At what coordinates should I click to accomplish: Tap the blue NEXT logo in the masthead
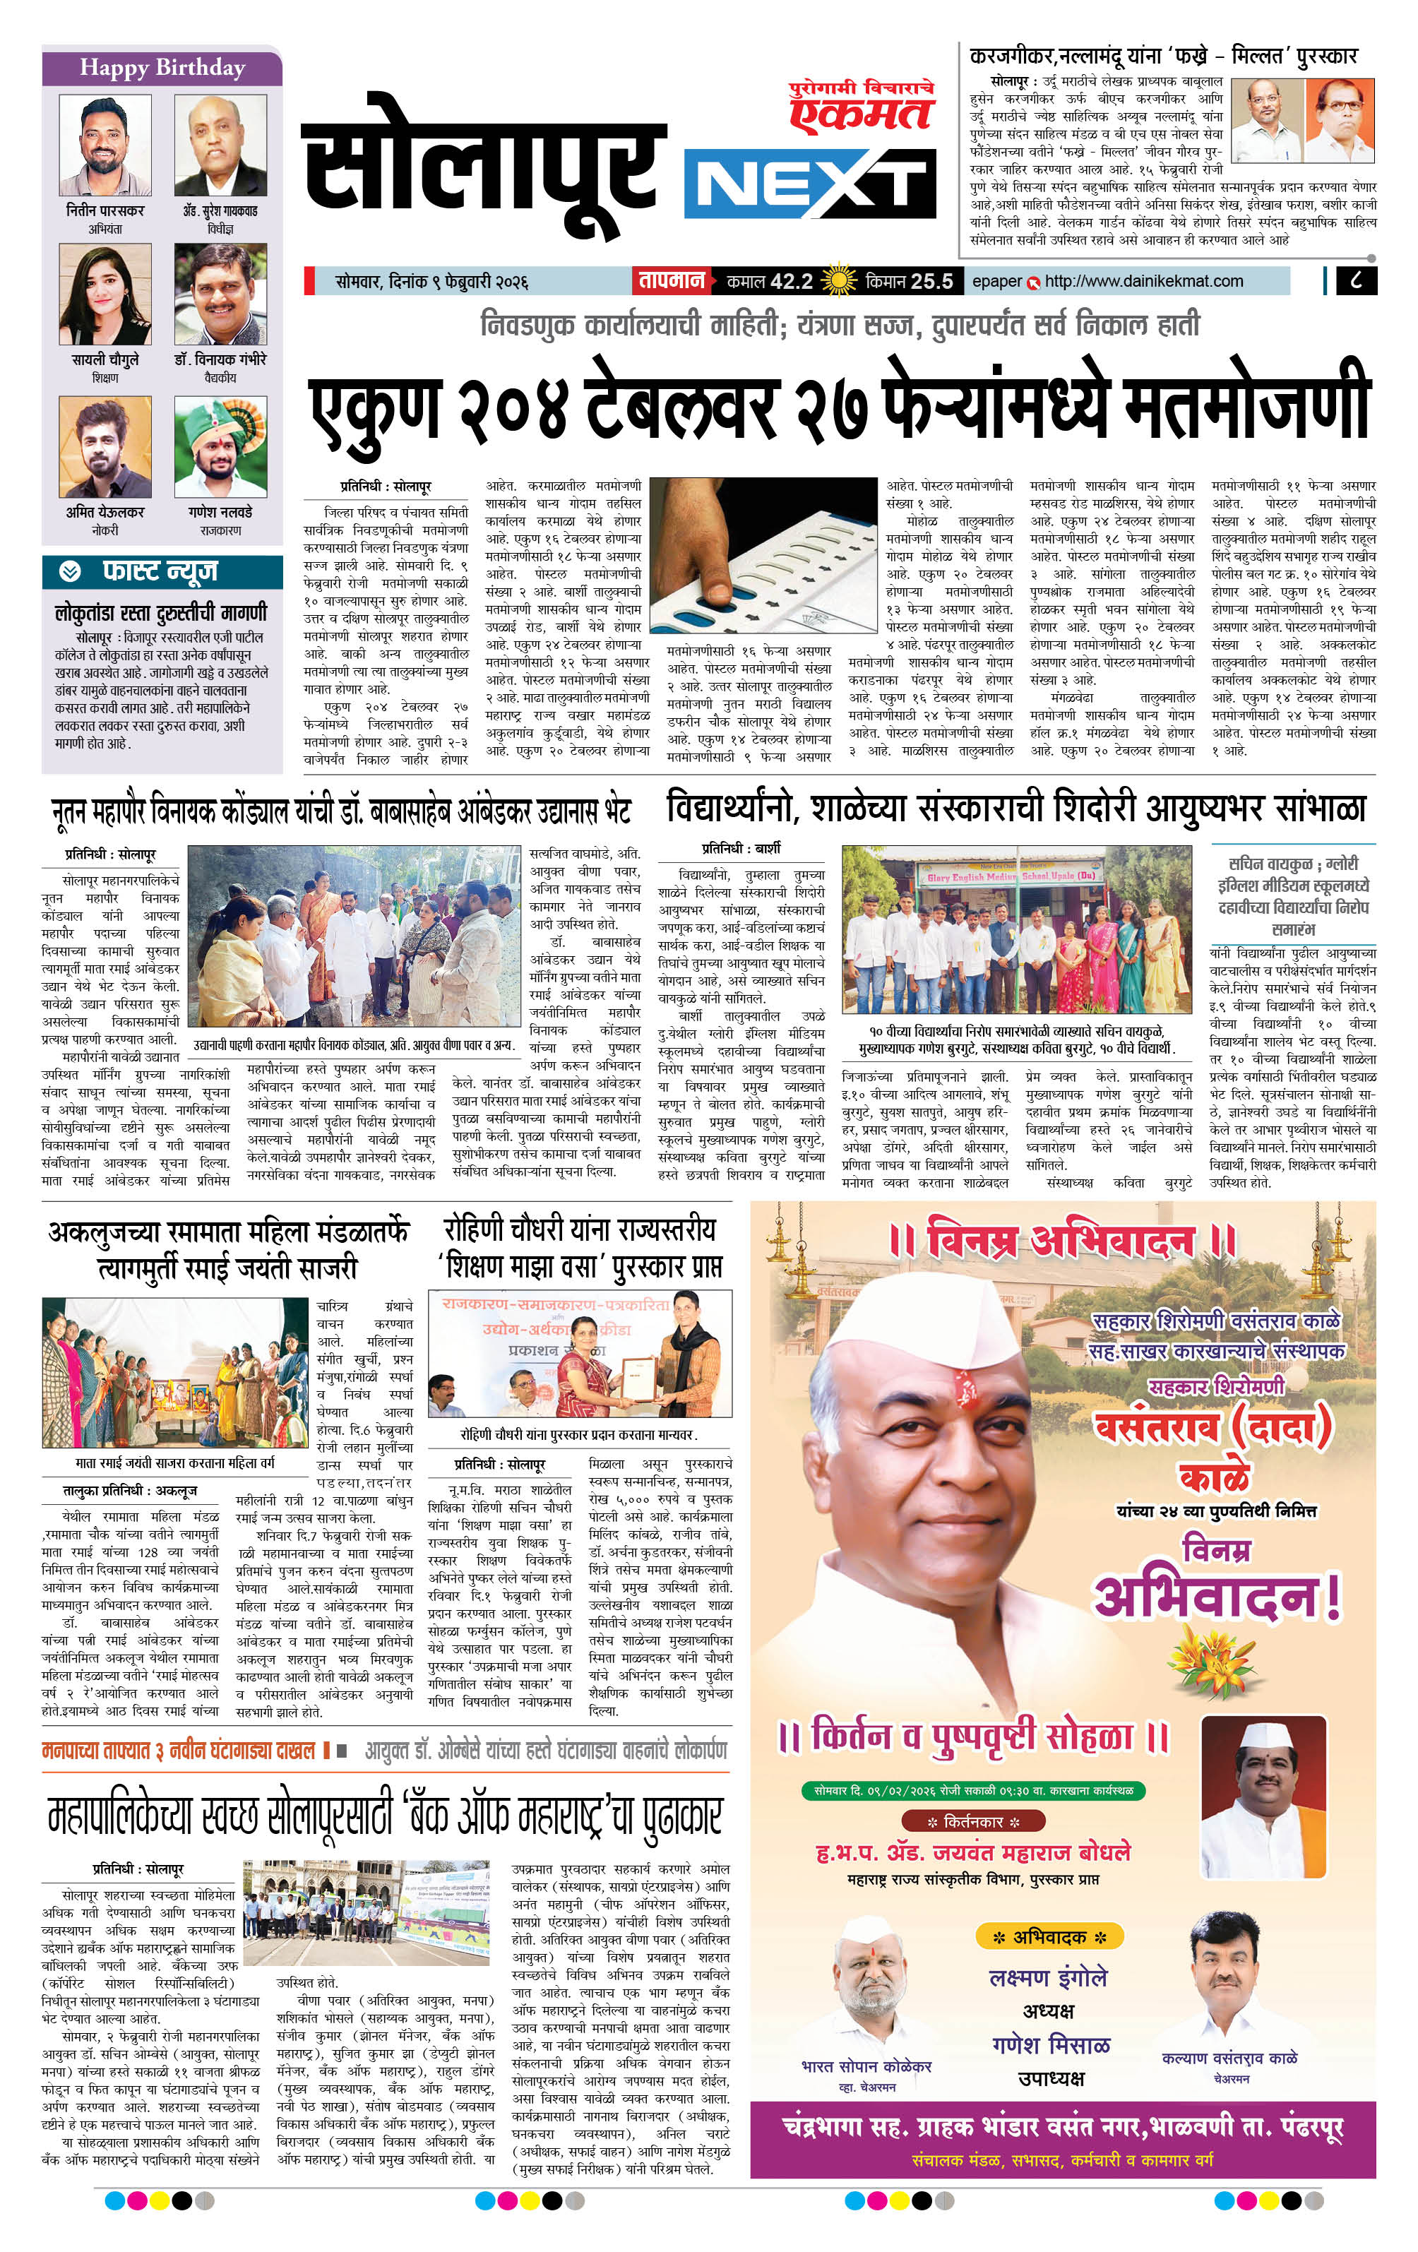[809, 185]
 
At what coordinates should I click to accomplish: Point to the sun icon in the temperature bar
[838, 280]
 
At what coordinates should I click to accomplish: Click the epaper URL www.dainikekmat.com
[1143, 280]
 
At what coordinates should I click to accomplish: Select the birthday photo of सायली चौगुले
[105, 294]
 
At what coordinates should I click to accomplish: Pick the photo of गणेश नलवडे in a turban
[221, 446]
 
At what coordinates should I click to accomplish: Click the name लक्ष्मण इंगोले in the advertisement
[1047, 1978]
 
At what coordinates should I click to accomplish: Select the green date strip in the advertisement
[973, 1790]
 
